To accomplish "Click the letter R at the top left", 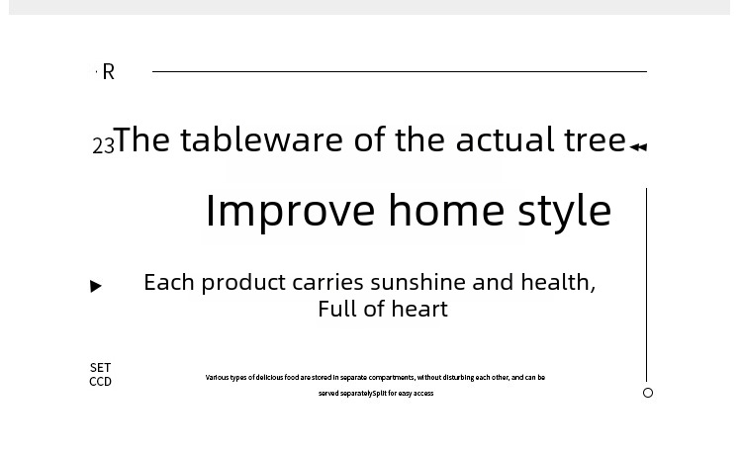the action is coord(109,72).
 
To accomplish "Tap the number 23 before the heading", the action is coord(103,145).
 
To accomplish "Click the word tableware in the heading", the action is coord(262,139).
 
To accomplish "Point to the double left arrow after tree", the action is coord(638,147).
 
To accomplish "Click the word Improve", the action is coord(291,212).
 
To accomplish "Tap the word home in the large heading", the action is coord(447,210).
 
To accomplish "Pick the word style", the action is coord(565,212).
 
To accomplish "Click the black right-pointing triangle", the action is coord(96,286).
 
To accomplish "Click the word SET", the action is coord(100,368).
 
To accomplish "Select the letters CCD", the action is coord(100,381).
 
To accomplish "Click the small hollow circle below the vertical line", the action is coord(648,393).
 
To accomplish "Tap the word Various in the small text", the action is coord(217,377).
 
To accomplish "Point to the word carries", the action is coord(327,283).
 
